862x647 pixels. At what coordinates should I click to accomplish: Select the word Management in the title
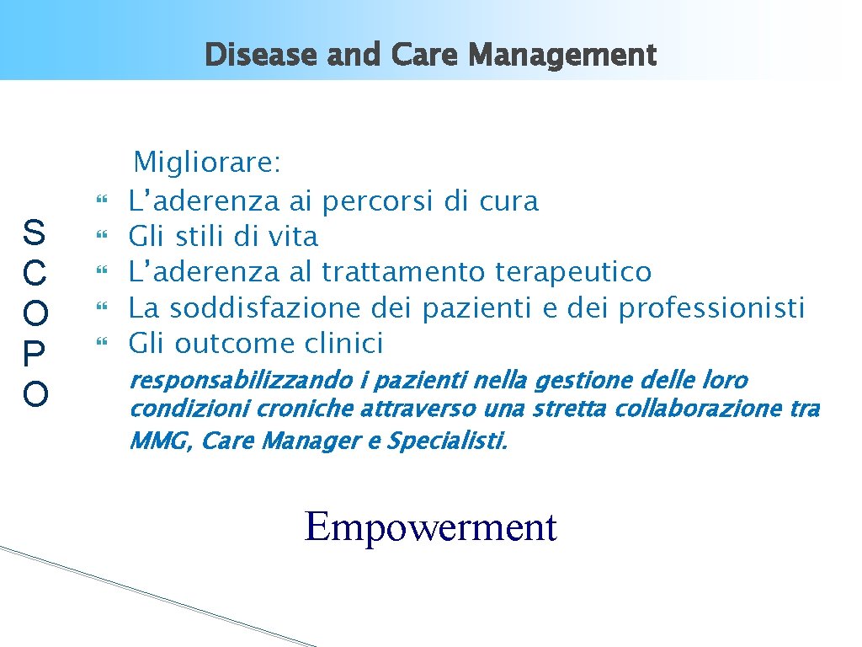pos(563,56)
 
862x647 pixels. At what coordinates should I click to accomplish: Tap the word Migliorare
pos(208,162)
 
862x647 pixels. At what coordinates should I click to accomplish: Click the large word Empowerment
pos(430,527)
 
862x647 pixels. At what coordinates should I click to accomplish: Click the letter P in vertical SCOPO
pos(35,353)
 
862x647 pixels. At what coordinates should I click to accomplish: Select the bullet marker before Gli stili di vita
pos(105,238)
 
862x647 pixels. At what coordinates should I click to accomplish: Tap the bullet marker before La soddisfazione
pos(105,308)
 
